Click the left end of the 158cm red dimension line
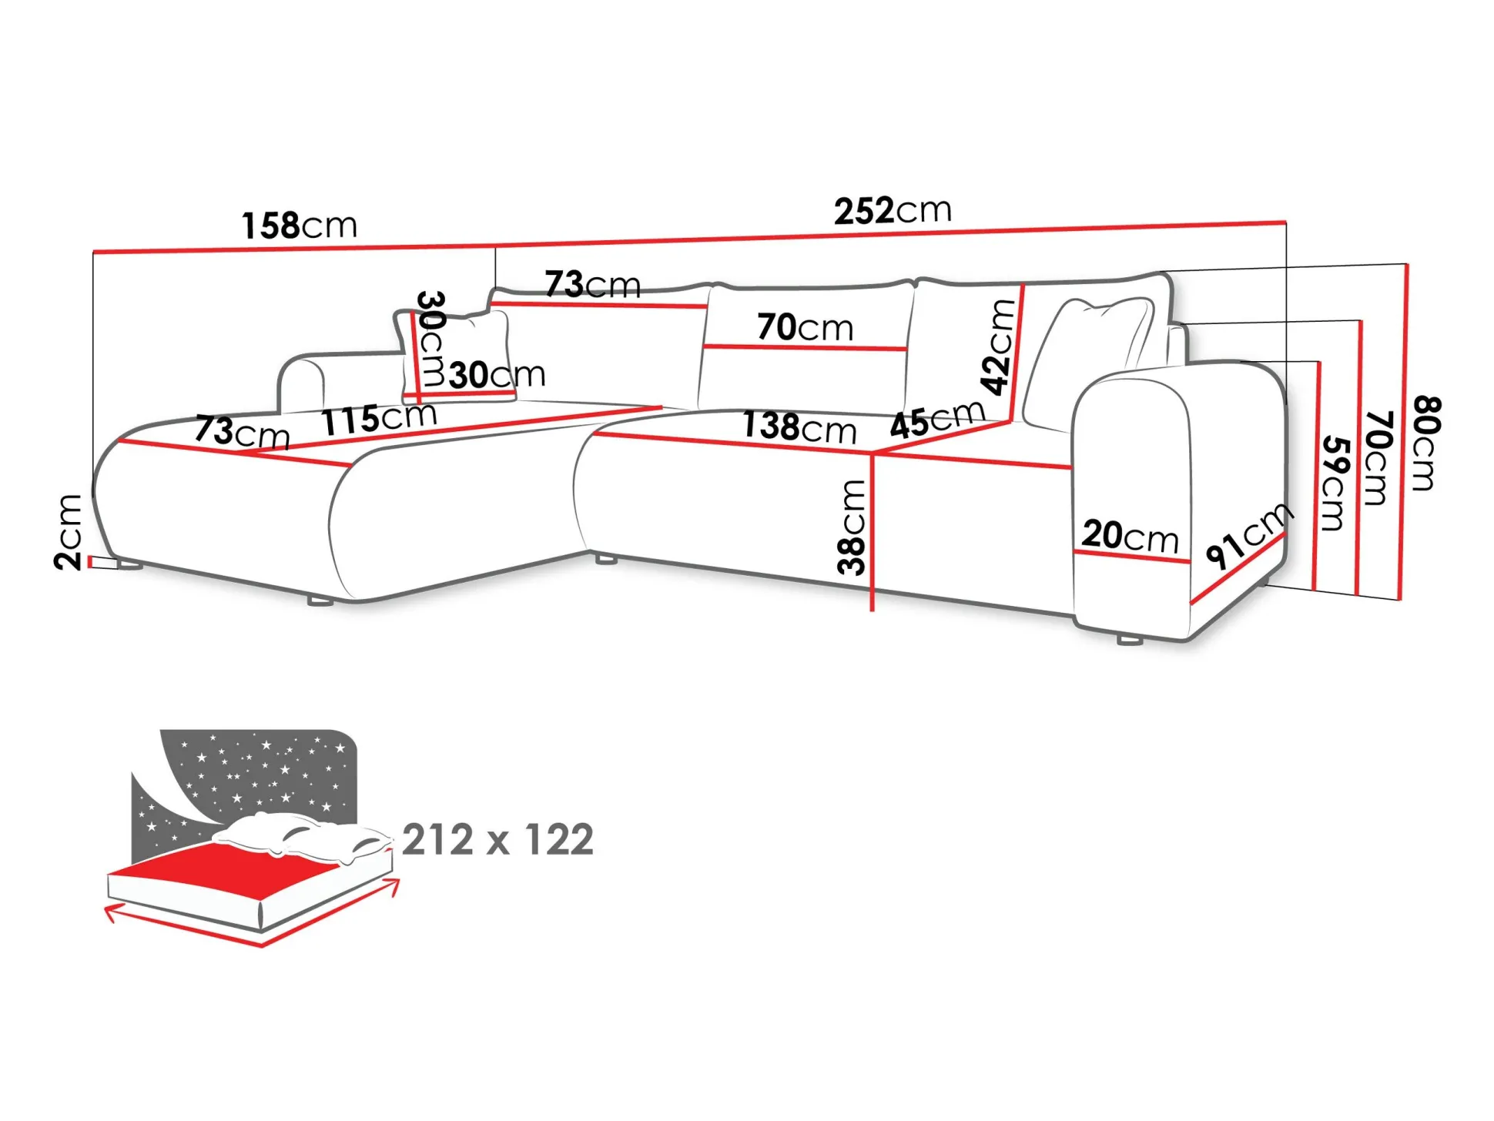93,252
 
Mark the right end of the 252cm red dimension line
1286,223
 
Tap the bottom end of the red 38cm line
872,611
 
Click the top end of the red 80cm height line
1406,265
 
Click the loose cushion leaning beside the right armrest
1088,362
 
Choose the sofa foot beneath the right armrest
1129,640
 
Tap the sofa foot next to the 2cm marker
129,566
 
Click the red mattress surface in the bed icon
223,868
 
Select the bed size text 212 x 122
497,839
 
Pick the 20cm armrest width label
1131,536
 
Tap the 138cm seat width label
799,427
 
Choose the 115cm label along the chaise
379,418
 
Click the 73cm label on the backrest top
593,285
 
